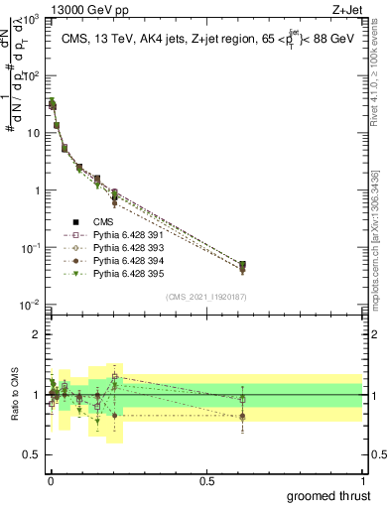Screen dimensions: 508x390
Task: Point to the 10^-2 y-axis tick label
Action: click(31, 305)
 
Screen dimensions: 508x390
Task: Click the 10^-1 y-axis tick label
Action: click(31, 248)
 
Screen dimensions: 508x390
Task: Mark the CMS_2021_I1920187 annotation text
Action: click(205, 296)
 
